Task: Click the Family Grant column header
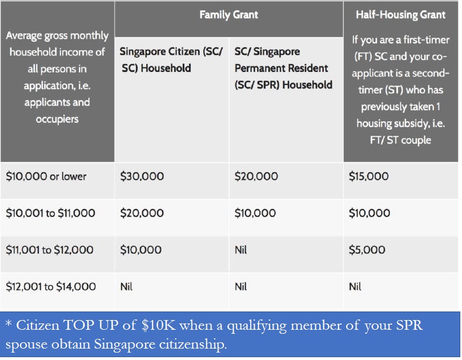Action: pyautogui.click(x=228, y=15)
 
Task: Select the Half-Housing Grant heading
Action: pyautogui.click(x=400, y=15)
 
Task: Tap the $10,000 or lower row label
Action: pyautogui.click(x=46, y=176)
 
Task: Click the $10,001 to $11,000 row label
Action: pyautogui.click(x=50, y=213)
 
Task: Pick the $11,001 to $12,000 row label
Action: pyautogui.click(x=50, y=250)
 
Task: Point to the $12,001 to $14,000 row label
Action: pyautogui.click(x=51, y=286)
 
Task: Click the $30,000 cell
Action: pyautogui.click(x=142, y=176)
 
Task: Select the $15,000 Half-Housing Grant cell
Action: pyautogui.click(x=368, y=176)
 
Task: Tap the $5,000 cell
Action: pyautogui.click(x=367, y=250)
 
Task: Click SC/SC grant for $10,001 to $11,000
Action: pyautogui.click(x=142, y=213)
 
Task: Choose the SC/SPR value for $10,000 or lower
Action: pyautogui.click(x=256, y=176)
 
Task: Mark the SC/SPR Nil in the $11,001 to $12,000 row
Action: pyautogui.click(x=241, y=250)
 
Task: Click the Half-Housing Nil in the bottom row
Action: pyautogui.click(x=355, y=286)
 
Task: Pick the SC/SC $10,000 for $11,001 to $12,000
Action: pyautogui.click(x=141, y=250)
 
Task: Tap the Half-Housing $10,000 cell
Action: pyautogui.click(x=369, y=213)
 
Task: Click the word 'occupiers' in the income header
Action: pyautogui.click(x=57, y=119)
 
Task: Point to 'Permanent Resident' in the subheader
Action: pyautogui.click(x=281, y=68)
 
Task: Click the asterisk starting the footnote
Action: pyautogui.click(x=9, y=323)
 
